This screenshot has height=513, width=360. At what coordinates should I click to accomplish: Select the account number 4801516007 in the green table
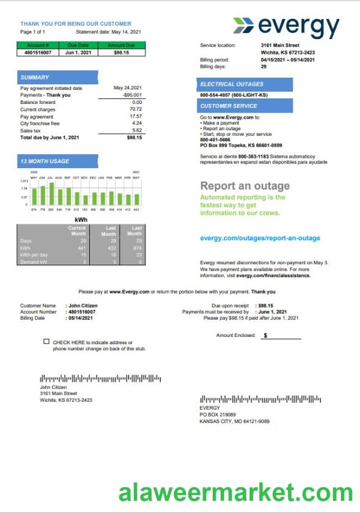click(38, 53)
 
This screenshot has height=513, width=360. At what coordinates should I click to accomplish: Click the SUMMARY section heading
click(35, 78)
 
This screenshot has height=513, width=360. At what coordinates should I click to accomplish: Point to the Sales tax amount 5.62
click(137, 130)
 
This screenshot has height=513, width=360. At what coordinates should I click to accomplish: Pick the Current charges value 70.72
click(136, 109)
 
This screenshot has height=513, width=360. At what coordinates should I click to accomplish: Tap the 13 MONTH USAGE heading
click(45, 161)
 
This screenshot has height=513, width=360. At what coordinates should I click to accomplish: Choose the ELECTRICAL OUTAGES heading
click(232, 84)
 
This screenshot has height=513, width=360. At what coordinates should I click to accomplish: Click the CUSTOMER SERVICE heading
click(229, 106)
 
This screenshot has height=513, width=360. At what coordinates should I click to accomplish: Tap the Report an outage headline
click(245, 186)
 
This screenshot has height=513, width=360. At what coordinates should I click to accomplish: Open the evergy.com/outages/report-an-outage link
click(260, 238)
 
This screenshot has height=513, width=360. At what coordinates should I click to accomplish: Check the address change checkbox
click(46, 342)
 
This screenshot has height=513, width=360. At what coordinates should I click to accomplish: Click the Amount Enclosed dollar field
click(281, 336)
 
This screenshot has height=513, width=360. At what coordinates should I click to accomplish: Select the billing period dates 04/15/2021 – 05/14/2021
click(288, 60)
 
